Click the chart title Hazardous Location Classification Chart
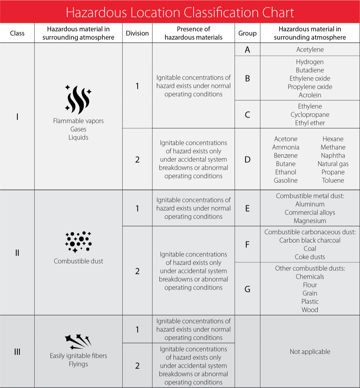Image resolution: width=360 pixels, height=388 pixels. pyautogui.click(x=180, y=12)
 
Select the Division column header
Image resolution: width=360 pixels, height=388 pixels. pyautogui.click(x=137, y=33)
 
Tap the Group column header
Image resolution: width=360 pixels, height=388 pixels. pyautogui.click(x=247, y=33)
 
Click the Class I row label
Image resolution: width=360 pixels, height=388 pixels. pyautogui.click(x=17, y=117)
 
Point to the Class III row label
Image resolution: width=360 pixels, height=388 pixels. pyautogui.click(x=17, y=352)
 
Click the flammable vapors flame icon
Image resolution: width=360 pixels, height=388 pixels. pyautogui.click(x=78, y=99)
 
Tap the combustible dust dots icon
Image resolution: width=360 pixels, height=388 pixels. pyautogui.click(x=78, y=242)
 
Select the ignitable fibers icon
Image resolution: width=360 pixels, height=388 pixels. pyautogui.click(x=78, y=341)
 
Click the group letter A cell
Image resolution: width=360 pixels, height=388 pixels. pyautogui.click(x=247, y=50)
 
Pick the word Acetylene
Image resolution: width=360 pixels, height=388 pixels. pyautogui.click(x=310, y=50)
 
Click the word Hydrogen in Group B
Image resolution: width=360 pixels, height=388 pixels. pyautogui.click(x=310, y=62)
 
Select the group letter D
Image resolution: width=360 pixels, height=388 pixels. pyautogui.click(x=247, y=159)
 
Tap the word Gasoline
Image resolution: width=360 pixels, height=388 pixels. pyautogui.click(x=286, y=180)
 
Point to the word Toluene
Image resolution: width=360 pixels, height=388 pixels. pyautogui.click(x=333, y=180)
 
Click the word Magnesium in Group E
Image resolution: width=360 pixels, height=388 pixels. pyautogui.click(x=310, y=221)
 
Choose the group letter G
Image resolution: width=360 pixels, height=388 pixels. pyautogui.click(x=247, y=289)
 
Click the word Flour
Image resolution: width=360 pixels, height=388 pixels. pyautogui.click(x=310, y=285)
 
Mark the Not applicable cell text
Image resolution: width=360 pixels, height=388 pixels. pyautogui.click(x=310, y=352)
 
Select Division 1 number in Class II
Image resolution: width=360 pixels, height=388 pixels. pyautogui.click(x=137, y=208)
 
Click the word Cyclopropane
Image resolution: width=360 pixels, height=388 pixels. pyautogui.click(x=310, y=114)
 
